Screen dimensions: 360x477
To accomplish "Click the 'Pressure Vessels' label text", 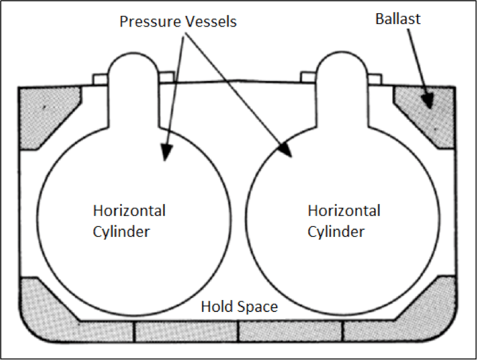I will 178,21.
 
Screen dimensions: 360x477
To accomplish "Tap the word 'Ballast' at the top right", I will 398,19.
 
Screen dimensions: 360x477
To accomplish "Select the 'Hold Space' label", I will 239,307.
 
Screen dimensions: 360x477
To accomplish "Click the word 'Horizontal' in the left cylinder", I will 129,210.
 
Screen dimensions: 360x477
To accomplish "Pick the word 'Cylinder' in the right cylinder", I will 336,231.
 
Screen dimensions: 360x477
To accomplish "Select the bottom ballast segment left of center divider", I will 186,330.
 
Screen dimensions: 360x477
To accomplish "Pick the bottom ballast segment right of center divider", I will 290,330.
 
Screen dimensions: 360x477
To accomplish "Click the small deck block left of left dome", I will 100,79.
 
